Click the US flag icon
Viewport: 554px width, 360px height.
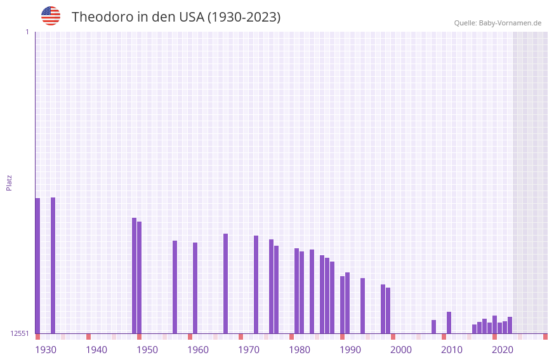coord(51,16)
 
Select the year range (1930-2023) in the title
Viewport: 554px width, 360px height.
coord(244,17)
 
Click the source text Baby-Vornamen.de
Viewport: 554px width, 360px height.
coord(510,23)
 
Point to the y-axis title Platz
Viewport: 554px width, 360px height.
coord(9,182)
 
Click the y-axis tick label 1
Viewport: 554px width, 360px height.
coord(27,32)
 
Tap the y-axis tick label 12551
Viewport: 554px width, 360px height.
coord(20,333)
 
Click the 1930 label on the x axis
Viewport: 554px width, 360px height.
coord(46,350)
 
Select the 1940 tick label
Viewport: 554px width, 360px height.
coord(96,350)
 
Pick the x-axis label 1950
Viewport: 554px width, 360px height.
coord(147,350)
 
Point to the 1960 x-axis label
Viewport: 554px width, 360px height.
coord(198,350)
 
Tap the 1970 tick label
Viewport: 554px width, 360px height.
coord(249,350)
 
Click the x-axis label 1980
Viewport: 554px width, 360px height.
coord(300,350)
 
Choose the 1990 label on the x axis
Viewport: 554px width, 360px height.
coord(350,350)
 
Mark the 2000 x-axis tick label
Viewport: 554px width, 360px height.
coord(401,350)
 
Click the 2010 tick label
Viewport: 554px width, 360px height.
coord(452,350)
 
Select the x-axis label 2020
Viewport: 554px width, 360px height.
coord(503,350)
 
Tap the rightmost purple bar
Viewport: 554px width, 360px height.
coord(510,325)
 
